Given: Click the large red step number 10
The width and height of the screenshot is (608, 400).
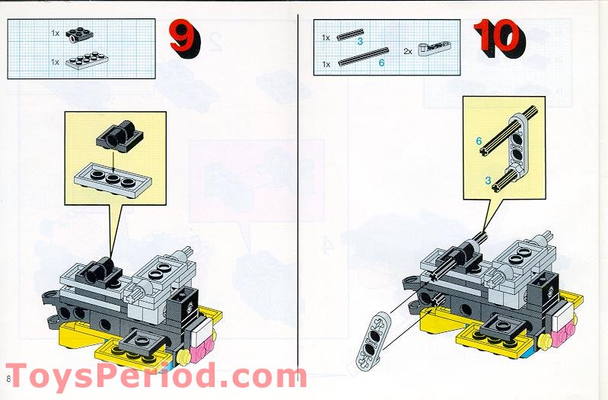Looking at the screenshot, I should (x=498, y=38).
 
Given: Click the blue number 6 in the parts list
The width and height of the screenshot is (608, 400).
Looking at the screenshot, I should (x=381, y=63).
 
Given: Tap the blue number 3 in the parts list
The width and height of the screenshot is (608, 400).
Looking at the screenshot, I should (x=360, y=40).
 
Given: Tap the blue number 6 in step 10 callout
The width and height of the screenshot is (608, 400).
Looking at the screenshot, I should (x=479, y=141).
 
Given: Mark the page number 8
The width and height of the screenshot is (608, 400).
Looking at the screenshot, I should (x=8, y=379).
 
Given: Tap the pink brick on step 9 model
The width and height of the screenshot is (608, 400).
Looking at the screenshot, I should (x=200, y=350).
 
